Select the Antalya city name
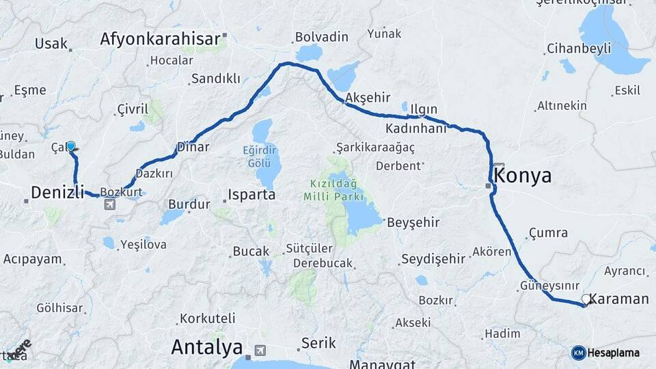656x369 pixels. coord(206,347)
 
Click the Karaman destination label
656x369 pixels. coord(618,299)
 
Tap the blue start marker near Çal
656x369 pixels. coord(70,146)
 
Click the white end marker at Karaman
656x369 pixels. coord(586,299)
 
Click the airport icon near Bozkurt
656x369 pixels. coord(109,204)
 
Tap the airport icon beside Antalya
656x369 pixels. coord(260,351)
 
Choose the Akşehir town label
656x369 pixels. coord(361,98)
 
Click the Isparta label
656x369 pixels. coord(251,195)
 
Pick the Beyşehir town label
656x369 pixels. coord(413,222)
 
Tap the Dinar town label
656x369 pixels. coord(193,147)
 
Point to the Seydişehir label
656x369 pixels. coord(433,258)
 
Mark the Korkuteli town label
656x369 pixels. coord(207,318)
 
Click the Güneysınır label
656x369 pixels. coord(549,286)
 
